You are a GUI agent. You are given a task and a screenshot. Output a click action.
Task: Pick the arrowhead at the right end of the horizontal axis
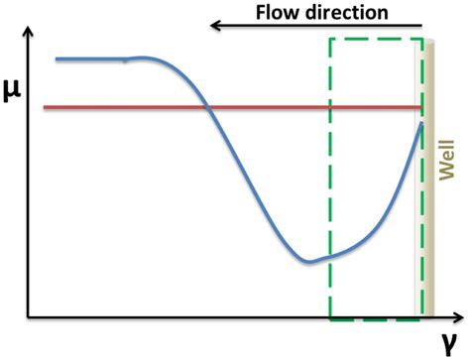tap(461, 318)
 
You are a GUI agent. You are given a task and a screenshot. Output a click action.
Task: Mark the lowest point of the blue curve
tap(308, 262)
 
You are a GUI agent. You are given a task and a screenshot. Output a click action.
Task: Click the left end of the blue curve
tap(57, 60)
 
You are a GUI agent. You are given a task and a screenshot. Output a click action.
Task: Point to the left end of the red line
tap(43, 106)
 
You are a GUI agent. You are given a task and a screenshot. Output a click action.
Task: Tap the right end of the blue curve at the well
tap(423, 125)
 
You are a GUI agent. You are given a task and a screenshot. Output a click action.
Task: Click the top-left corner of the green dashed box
tap(329, 40)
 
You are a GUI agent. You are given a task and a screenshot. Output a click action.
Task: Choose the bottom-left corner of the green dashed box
tap(329, 318)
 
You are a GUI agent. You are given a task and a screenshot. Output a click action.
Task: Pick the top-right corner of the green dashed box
tap(422, 40)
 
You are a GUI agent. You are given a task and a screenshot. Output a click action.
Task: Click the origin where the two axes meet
tap(31, 318)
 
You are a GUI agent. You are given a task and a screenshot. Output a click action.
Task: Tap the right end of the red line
tap(423, 106)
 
